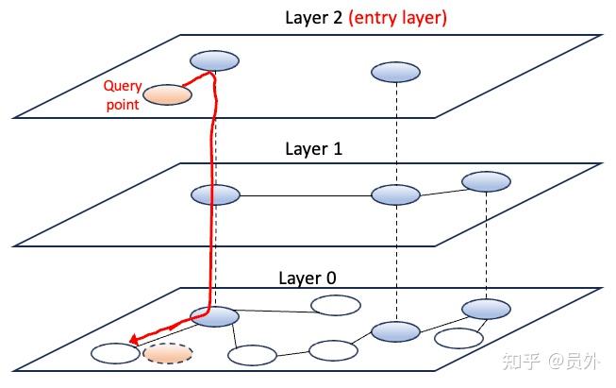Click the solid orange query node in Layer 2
point(169,94)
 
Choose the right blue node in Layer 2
point(395,72)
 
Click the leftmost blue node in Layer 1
point(215,195)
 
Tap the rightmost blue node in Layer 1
point(486,180)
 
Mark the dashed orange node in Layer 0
point(168,355)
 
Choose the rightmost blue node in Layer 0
point(486,309)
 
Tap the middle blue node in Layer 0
point(395,332)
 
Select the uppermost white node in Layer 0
point(336,305)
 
